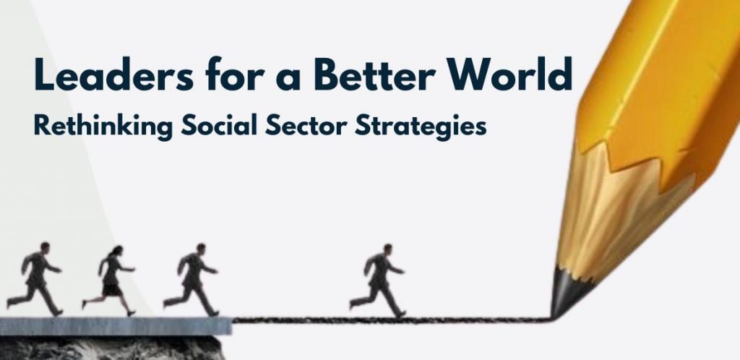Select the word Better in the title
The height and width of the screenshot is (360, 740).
[x=374, y=74]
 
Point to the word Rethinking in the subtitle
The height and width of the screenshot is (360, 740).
[x=103, y=127]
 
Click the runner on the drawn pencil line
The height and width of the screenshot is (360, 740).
[x=377, y=281]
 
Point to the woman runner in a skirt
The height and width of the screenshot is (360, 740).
[x=109, y=280]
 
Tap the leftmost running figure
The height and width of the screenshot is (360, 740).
[x=35, y=278]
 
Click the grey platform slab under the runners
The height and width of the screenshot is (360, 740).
[x=116, y=326]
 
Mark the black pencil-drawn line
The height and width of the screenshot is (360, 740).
[x=392, y=320]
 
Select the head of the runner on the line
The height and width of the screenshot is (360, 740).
[x=387, y=249]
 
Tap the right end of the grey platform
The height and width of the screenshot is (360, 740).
[x=231, y=326]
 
